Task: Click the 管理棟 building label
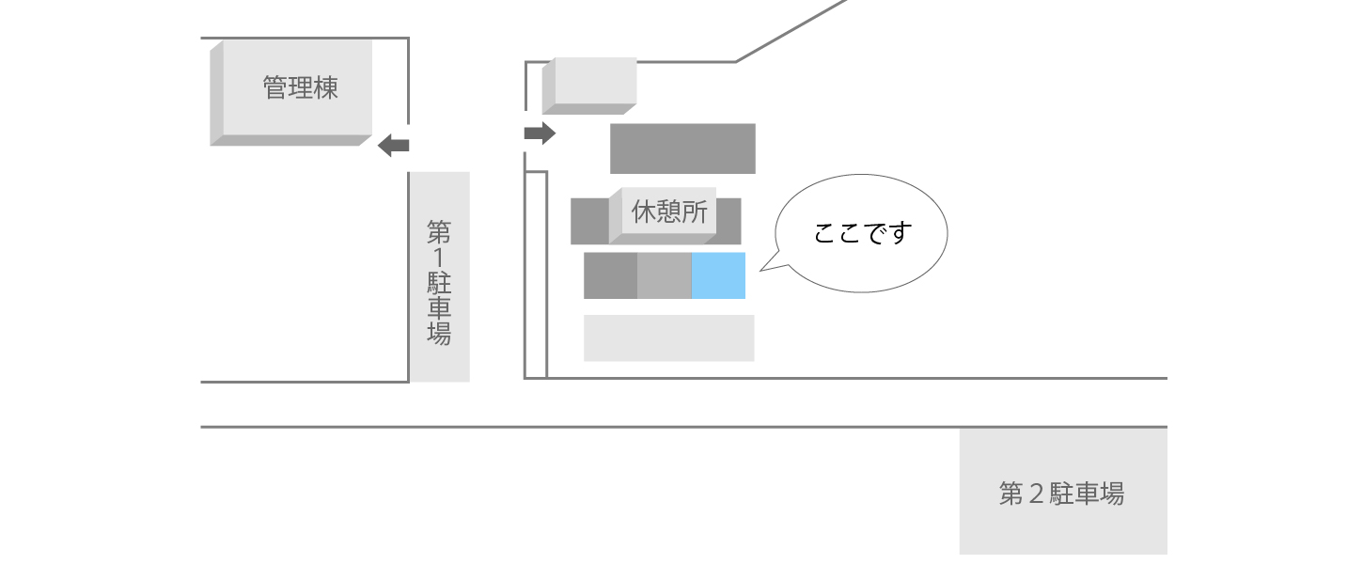tap(300, 89)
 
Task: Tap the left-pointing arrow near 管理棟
tap(394, 145)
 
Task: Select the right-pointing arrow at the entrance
tap(540, 133)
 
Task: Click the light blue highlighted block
tap(718, 275)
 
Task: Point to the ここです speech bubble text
tap(863, 233)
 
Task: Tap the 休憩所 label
tap(669, 212)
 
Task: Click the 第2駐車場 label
tap(1061, 493)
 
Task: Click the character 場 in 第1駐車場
tap(439, 334)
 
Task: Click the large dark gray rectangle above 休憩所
tap(682, 149)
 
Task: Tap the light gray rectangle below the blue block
tap(668, 337)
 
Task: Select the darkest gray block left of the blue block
tap(610, 275)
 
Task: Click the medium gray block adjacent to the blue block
tap(664, 275)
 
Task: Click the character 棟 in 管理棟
tap(325, 89)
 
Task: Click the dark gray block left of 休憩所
tap(589, 221)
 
